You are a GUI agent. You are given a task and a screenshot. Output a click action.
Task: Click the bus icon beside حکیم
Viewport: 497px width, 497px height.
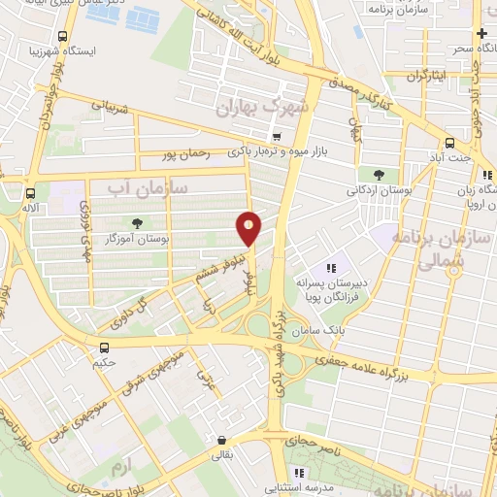click(x=104, y=348)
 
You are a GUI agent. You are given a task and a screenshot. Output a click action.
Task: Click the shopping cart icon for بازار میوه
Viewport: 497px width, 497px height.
click(x=279, y=137)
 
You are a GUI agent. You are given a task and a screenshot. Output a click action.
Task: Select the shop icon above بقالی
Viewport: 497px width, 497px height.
click(x=222, y=439)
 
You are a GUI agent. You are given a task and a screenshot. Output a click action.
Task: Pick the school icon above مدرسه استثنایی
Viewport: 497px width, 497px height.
click(x=300, y=473)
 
